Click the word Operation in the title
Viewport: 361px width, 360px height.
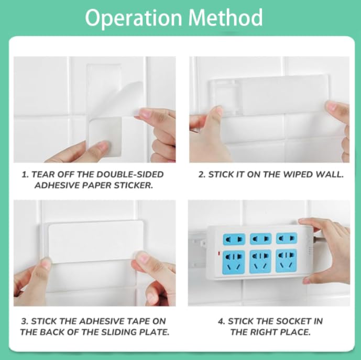pyautogui.click(x=134, y=18)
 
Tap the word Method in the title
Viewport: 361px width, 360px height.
pyautogui.click(x=226, y=17)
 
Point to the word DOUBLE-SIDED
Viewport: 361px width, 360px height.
pyautogui.click(x=130, y=174)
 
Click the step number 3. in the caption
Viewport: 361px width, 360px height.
pyautogui.click(x=25, y=321)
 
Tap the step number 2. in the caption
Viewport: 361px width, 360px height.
pyautogui.click(x=202, y=174)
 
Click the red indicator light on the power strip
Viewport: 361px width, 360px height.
pyautogui.click(x=218, y=254)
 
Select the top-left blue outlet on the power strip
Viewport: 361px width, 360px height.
pyautogui.click(x=234, y=239)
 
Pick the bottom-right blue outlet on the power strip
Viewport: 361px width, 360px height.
pyautogui.click(x=286, y=260)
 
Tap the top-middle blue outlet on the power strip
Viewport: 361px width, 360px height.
pyautogui.click(x=260, y=238)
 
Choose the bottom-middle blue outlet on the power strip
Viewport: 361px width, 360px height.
pyautogui.click(x=260, y=261)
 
